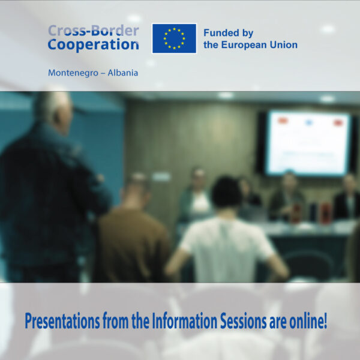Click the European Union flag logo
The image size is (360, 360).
[174, 38]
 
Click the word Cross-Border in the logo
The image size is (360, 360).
[93, 30]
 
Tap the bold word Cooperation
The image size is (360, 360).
[93, 44]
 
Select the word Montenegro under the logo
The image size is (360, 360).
[71, 73]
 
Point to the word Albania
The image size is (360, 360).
[122, 73]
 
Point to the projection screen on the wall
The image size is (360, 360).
[308, 142]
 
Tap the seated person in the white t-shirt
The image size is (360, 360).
[226, 234]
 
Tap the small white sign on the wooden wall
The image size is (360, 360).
[160, 176]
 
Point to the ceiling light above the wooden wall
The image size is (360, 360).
[226, 95]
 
